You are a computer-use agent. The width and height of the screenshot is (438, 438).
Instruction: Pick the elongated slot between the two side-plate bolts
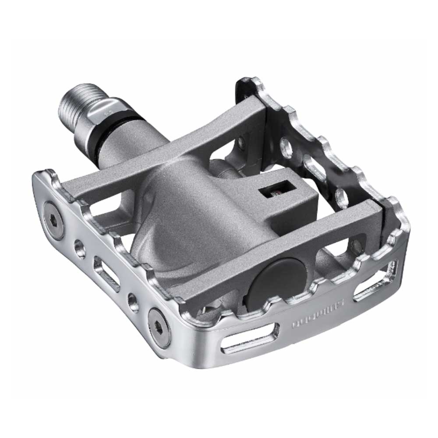tap(105, 274)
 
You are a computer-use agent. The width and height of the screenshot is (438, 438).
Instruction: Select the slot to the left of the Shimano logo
tap(250, 339)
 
